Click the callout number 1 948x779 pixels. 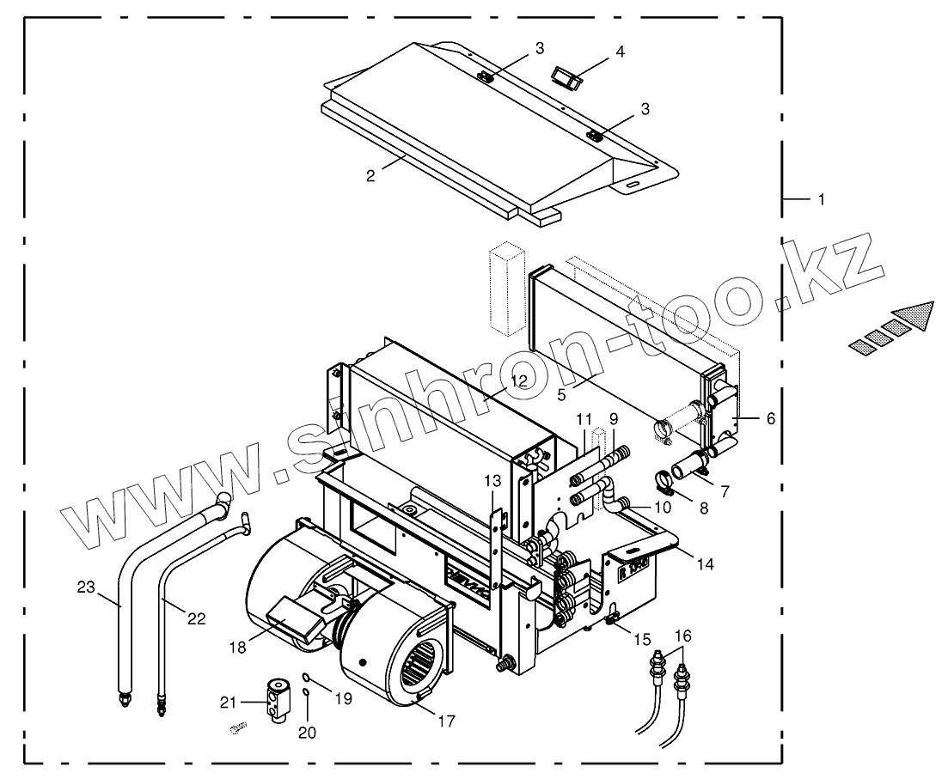[821, 199]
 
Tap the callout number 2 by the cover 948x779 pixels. [370, 175]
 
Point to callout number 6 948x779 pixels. [770, 418]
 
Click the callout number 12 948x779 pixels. [519, 380]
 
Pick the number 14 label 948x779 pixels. [706, 564]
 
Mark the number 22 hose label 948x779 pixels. [197, 618]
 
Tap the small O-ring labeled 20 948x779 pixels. [307, 692]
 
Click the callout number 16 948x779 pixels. [682, 636]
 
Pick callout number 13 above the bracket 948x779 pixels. [492, 479]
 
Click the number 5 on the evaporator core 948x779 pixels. [560, 394]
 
